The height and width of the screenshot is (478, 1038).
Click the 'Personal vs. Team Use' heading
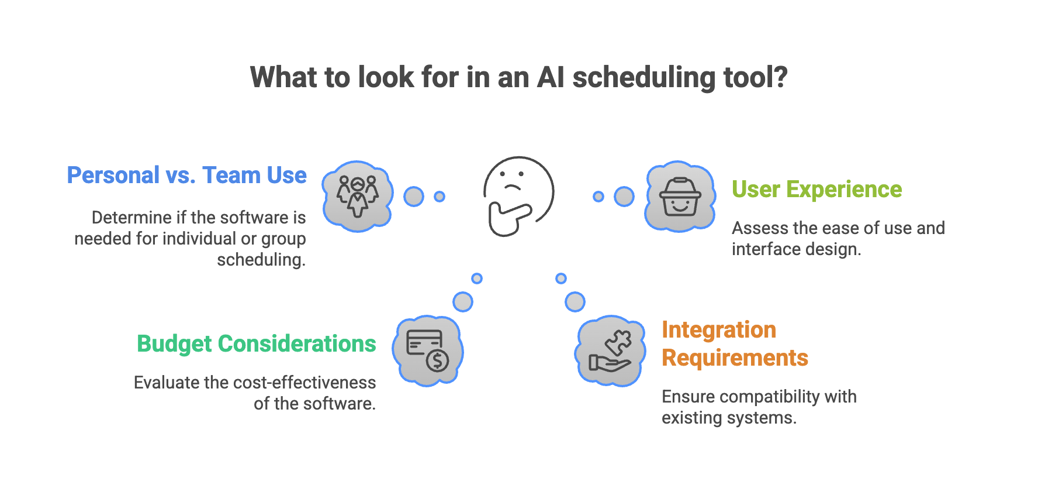coord(186,176)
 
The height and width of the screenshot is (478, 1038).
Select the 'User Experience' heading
coord(816,190)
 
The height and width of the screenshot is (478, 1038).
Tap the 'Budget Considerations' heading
coord(256,344)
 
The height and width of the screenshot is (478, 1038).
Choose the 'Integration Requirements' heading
coord(735,344)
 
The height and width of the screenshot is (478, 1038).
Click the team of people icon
coord(358,196)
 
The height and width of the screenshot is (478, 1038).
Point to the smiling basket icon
coord(680,196)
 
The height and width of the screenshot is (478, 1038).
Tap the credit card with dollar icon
coord(427,350)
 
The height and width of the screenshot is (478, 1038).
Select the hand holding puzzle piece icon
coord(611,350)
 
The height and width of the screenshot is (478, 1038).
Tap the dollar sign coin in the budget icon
coord(437,360)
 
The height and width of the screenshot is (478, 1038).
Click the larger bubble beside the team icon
coord(414,197)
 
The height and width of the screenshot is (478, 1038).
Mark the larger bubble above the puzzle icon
coord(575,302)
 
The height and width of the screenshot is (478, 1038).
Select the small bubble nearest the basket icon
coord(598,197)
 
